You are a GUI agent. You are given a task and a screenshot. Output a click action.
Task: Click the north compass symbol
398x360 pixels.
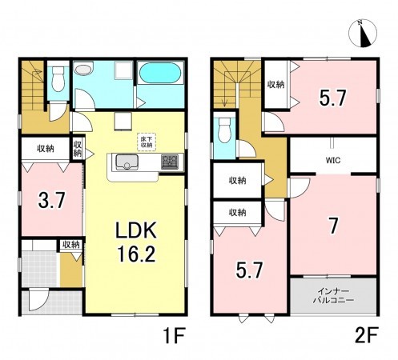363,34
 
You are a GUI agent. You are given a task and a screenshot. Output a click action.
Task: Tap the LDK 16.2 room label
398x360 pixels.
136,242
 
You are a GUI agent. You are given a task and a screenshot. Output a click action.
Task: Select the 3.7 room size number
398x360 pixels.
51,201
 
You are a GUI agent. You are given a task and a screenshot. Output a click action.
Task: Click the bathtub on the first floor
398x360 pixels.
160,73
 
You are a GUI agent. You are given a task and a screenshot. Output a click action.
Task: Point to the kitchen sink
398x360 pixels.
127,162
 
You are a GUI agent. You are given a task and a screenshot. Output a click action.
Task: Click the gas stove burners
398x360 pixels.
170,162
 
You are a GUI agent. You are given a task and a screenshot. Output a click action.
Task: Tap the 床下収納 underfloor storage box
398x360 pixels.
147,142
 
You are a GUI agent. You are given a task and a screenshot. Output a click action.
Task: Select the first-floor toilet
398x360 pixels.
58,78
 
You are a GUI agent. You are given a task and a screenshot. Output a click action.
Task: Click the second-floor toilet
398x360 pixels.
224,130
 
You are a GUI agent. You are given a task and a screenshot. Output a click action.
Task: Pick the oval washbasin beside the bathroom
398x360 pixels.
83,70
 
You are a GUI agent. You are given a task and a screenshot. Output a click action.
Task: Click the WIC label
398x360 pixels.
332,160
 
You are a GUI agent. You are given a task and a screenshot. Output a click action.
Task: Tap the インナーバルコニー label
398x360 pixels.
333,295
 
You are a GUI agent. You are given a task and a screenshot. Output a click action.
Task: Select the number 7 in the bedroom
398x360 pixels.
333,226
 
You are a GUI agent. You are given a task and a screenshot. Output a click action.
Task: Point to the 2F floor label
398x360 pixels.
367,335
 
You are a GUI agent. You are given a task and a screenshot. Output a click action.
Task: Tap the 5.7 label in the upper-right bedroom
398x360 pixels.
333,98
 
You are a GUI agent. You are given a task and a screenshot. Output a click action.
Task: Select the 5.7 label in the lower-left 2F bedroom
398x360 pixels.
249,270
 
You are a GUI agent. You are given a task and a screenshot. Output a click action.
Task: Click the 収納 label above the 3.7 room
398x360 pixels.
46,149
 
